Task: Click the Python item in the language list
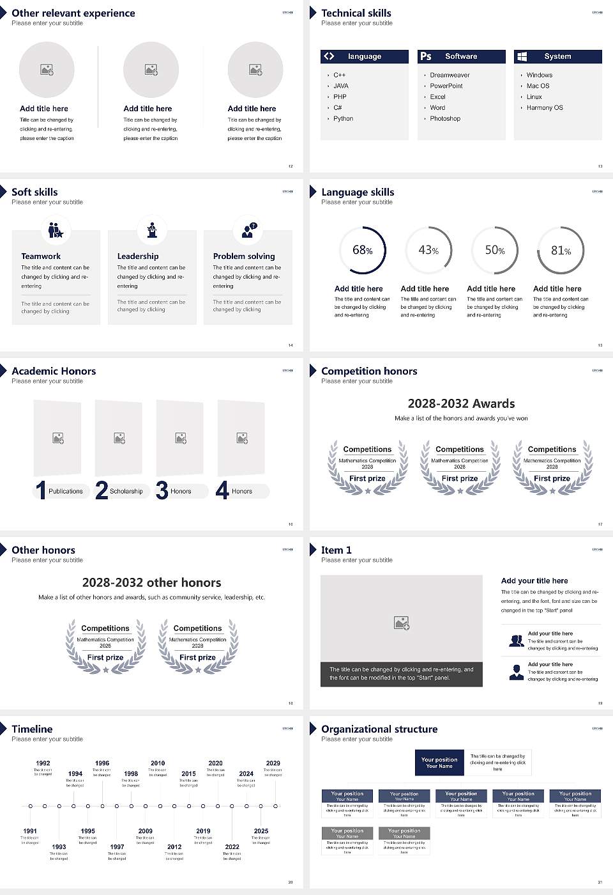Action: coord(343,118)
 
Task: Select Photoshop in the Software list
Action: coord(445,118)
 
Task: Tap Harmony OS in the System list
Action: coord(545,107)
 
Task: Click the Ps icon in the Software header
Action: coord(426,56)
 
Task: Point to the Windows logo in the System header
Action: coord(522,56)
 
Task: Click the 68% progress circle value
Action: coord(362,250)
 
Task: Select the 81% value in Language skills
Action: coord(561,251)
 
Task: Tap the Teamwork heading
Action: coord(41,256)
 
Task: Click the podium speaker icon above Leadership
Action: coord(152,230)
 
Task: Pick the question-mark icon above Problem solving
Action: coord(248,230)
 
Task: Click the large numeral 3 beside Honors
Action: coord(162,490)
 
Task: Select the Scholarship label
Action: coord(126,491)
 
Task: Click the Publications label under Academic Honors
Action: coord(66,491)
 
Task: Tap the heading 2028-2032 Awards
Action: coord(461,403)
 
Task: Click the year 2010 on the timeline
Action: coord(158,763)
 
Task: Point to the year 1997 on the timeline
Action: coord(117,846)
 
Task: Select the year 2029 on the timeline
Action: coord(273,763)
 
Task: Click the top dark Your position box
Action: coord(439,763)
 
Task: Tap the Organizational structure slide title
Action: coord(379,729)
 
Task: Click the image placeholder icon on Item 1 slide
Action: coord(402,623)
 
